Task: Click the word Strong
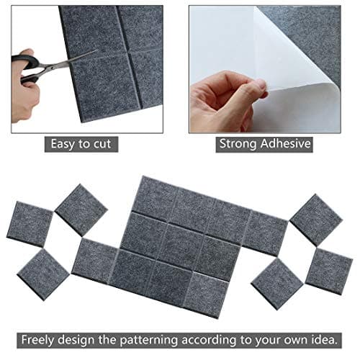241,143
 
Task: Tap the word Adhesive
286,143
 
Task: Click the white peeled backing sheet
230,43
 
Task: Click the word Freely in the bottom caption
42,339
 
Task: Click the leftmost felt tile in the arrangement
30,223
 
